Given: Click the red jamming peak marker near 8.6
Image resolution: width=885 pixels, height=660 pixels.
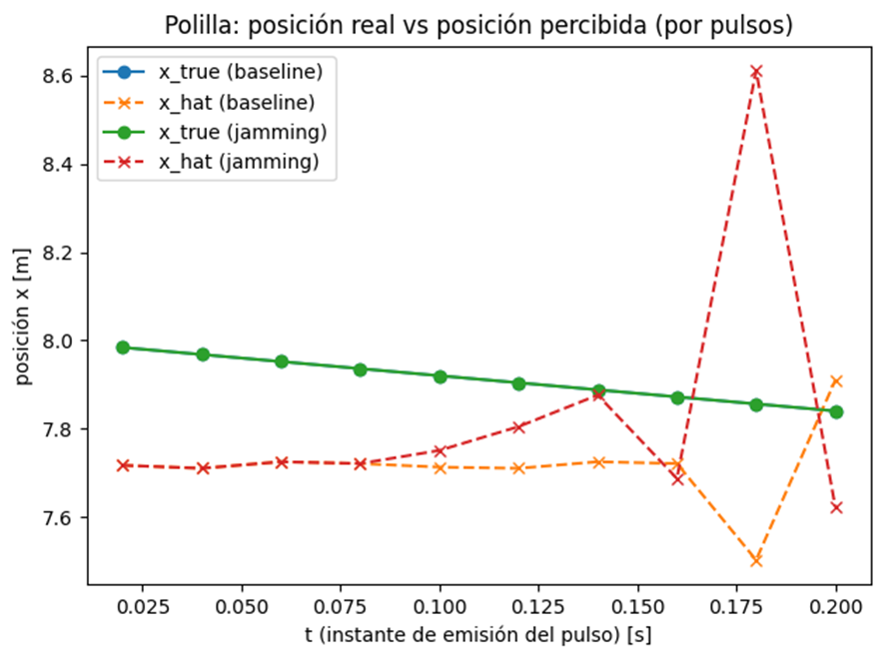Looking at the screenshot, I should point(756,72).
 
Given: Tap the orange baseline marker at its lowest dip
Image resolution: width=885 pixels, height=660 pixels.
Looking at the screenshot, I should point(756,560).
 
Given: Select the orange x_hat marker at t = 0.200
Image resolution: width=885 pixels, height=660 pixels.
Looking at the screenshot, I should point(836,380).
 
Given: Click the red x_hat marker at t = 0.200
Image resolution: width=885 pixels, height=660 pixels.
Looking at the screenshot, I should point(836,507).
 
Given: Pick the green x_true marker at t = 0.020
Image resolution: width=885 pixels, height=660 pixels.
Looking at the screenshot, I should point(123,347).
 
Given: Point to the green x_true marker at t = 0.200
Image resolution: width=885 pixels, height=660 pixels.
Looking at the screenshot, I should point(836,412).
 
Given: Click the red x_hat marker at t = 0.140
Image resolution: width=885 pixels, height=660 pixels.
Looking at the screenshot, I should point(598,394).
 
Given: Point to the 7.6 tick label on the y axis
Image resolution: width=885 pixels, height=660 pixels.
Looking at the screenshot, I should point(60,518).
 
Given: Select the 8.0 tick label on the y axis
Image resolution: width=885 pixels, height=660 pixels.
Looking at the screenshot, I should point(60,341).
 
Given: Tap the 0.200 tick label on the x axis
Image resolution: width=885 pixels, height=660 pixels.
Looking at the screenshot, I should point(836,606).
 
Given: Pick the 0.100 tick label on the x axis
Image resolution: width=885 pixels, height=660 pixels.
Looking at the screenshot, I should point(440,606).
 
